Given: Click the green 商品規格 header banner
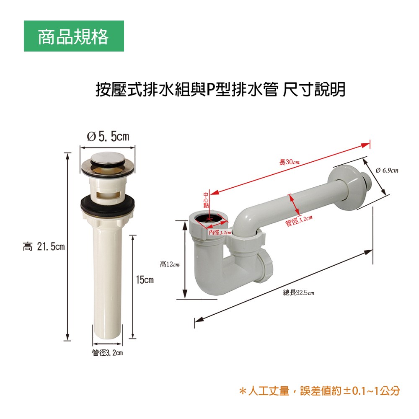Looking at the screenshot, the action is [x=74, y=36].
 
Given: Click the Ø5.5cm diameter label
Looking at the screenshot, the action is [x=108, y=137].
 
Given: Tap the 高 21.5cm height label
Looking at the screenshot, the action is [x=44, y=246].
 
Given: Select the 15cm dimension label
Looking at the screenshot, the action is [x=145, y=280].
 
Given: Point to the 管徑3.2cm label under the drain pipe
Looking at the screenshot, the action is [x=107, y=353].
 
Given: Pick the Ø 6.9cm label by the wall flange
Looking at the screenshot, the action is [x=387, y=170].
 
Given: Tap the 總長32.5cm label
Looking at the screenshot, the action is [x=298, y=292].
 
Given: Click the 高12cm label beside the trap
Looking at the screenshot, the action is [x=170, y=264].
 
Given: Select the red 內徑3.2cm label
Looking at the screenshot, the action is [x=220, y=233].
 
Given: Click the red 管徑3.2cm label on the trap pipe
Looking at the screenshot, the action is [x=299, y=221].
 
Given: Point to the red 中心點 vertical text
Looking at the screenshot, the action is [x=206, y=200].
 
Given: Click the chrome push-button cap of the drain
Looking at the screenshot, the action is [x=107, y=160].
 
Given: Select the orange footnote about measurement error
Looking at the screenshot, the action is [x=320, y=391].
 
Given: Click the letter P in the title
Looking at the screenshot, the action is [x=210, y=90].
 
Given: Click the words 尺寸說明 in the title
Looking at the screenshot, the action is [x=314, y=90].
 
